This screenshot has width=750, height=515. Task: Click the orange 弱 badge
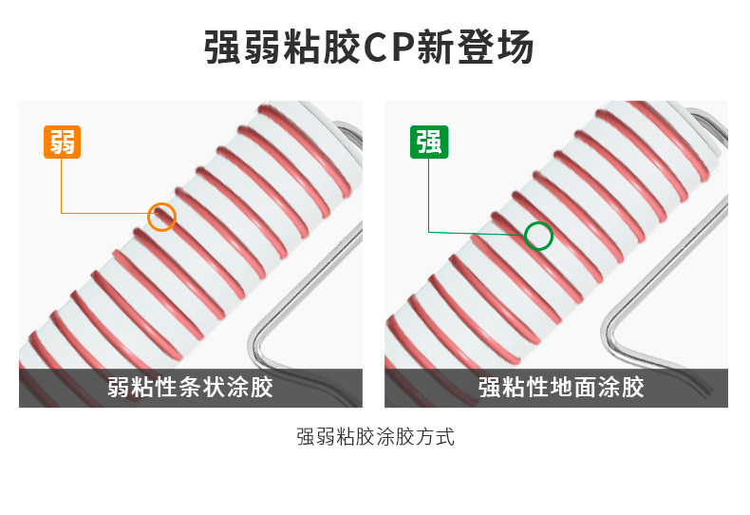(62, 142)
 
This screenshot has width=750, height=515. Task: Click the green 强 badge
(428, 142)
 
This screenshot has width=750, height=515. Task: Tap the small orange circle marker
(162, 217)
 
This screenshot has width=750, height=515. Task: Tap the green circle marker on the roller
(538, 235)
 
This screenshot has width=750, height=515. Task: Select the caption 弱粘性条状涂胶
(190, 388)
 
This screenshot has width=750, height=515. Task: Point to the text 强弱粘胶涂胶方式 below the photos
(375, 438)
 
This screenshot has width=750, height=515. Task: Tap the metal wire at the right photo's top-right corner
(707, 122)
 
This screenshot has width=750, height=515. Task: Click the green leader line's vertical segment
(428, 195)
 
